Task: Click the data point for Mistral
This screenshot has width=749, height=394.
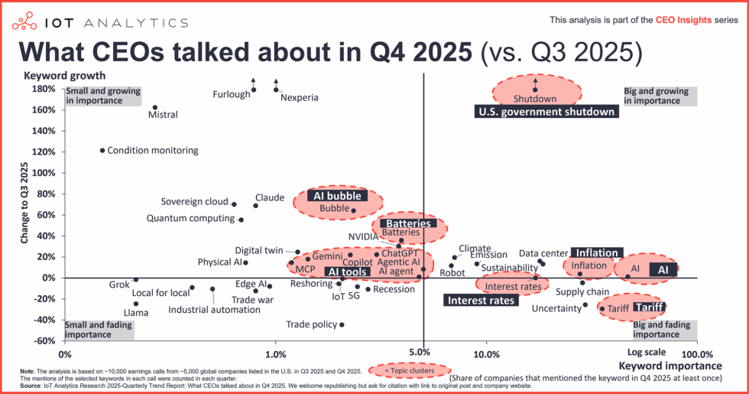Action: point(154,108)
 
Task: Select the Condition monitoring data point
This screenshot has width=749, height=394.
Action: point(102,151)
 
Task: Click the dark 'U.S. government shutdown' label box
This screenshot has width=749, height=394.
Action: point(546,112)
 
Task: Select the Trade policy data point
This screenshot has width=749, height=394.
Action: point(342,325)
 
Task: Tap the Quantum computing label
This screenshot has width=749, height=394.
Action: point(190,219)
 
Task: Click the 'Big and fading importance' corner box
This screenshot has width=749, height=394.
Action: point(663,330)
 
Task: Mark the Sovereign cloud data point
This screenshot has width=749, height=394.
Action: point(234,204)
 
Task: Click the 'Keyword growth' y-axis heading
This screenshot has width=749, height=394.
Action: point(64,76)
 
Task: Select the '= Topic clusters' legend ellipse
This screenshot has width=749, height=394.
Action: point(400,370)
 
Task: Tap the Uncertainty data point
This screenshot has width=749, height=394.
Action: point(585,304)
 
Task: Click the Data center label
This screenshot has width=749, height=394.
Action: point(543,253)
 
